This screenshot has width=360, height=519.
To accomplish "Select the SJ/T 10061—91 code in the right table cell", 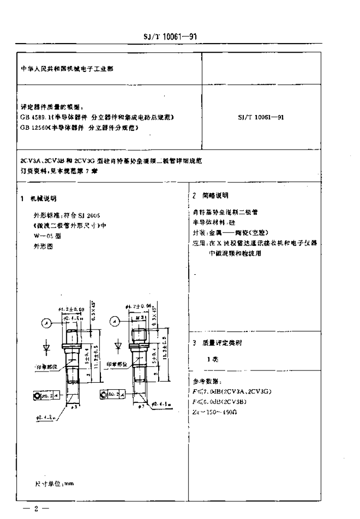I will (260, 117).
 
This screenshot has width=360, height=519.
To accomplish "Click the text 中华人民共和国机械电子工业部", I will (63, 69).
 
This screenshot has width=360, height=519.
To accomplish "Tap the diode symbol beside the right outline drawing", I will (118, 346).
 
